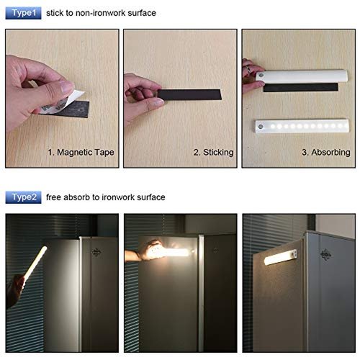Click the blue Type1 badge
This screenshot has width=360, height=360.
[x=23, y=13]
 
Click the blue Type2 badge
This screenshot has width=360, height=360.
[x=23, y=197]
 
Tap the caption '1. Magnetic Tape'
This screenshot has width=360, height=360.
[x=81, y=153]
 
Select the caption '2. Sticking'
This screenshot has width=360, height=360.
[x=213, y=153]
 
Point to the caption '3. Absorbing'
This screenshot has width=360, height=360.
[x=326, y=153]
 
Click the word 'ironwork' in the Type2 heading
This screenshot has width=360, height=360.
[x=118, y=197]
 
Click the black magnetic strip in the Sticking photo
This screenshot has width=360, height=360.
[x=189, y=94]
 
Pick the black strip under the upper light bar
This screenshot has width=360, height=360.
[x=301, y=87]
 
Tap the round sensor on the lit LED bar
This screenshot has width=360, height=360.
[x=261, y=127]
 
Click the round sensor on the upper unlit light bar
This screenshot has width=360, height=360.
[x=261, y=76]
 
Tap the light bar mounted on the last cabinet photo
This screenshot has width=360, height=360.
[x=280, y=257]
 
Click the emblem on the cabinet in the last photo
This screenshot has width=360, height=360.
[x=325, y=255]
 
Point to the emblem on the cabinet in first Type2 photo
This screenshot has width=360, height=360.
[x=96, y=252]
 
